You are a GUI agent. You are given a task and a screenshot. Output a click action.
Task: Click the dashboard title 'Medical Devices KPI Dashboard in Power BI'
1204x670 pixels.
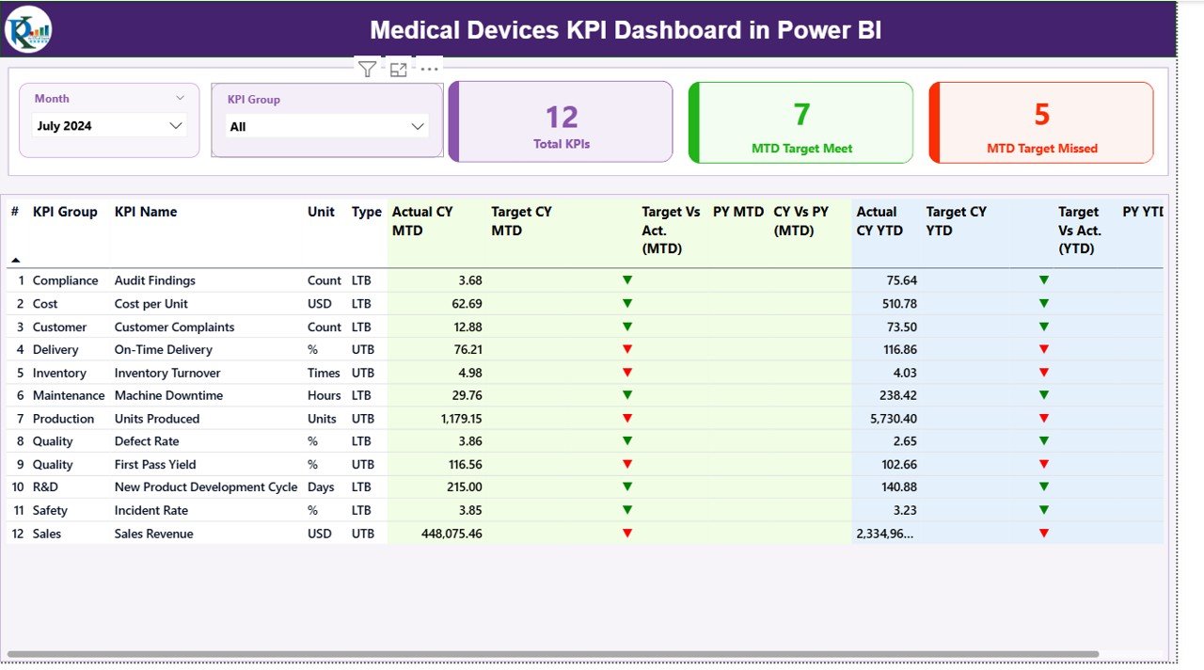(626, 30)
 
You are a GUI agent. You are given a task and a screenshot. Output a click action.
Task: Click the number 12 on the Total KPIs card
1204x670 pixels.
(562, 117)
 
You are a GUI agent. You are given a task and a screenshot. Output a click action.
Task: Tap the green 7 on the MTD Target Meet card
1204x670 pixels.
(801, 114)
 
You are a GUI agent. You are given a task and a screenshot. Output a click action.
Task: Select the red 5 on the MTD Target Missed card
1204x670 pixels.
(1041, 114)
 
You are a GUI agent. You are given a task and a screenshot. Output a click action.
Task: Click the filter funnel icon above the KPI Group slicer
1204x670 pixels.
(368, 69)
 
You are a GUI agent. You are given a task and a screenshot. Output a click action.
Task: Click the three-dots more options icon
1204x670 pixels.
(429, 69)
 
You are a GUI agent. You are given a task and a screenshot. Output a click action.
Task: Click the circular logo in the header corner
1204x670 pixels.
(28, 29)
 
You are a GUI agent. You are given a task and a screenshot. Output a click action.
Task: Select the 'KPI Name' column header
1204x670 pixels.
(146, 212)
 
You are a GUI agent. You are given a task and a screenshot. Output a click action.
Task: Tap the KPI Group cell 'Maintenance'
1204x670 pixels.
(69, 396)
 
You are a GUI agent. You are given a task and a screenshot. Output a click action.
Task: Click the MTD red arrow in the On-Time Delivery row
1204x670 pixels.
(627, 349)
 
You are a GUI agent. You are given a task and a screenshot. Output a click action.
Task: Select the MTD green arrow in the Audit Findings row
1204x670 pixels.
(627, 280)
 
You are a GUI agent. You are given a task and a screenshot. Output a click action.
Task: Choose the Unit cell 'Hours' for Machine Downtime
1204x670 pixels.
(324, 396)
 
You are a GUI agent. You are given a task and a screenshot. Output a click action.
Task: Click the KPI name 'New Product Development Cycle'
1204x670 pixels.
(206, 487)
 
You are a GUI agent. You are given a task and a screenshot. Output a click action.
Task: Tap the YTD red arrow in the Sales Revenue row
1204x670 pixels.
(1043, 534)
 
